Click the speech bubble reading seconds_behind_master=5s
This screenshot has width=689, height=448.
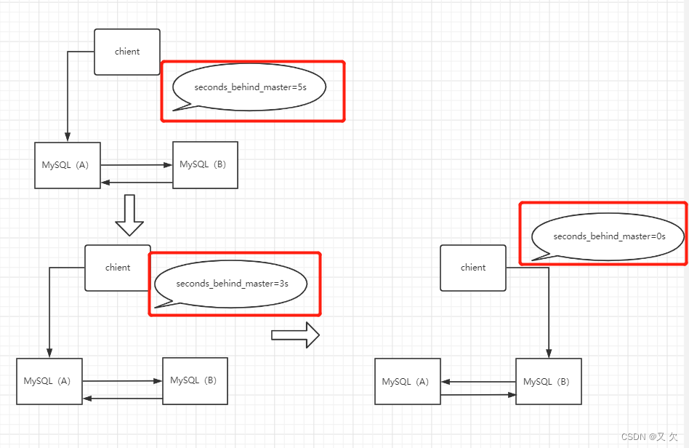249,87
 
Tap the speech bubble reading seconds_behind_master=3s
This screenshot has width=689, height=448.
231,283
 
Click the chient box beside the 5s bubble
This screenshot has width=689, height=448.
127,52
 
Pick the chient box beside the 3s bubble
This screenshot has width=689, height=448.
118,268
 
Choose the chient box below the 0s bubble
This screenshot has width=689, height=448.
473,268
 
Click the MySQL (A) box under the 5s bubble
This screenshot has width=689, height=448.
68,165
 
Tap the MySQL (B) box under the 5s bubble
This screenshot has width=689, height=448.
205,165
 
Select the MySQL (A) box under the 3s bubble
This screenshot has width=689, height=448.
49,381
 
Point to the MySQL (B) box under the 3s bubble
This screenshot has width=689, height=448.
195,380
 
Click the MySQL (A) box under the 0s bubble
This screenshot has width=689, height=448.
408,382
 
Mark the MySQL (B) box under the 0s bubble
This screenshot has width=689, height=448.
549,382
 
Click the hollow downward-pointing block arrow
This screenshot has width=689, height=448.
130,215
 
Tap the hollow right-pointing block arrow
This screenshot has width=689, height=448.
295,335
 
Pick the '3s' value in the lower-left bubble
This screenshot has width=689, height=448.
283,284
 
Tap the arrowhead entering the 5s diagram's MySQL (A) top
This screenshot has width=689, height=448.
68,137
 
